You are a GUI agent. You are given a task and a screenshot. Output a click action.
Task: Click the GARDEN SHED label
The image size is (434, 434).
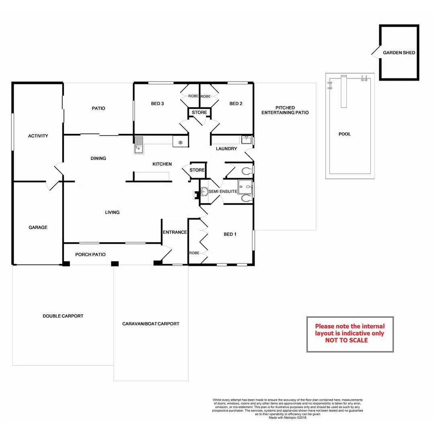(x=399, y=53)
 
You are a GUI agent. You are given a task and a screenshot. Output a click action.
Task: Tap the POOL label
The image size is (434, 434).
(x=344, y=134)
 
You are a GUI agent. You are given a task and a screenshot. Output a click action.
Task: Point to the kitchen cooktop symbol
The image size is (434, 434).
(x=180, y=142)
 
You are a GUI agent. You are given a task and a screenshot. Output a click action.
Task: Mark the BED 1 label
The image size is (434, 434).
(x=229, y=234)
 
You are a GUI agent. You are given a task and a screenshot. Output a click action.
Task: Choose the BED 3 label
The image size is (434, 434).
(x=157, y=104)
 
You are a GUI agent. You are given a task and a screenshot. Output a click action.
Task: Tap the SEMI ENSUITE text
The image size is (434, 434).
(x=222, y=192)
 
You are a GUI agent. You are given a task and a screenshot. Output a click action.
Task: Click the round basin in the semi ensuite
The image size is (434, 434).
(x=204, y=192)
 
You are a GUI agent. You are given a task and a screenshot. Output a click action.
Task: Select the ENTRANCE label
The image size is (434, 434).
(x=175, y=232)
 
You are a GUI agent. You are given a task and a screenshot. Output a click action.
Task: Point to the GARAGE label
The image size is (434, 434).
(x=38, y=227)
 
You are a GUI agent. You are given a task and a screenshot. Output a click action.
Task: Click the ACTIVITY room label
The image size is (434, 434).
(x=38, y=136)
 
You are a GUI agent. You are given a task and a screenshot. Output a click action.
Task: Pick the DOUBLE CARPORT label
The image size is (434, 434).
(x=63, y=316)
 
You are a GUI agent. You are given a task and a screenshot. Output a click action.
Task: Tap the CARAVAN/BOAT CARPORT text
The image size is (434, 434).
(x=151, y=324)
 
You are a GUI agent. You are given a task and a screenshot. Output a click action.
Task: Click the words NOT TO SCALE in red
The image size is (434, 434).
(x=346, y=340)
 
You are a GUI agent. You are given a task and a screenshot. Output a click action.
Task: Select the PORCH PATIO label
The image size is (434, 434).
(x=90, y=255)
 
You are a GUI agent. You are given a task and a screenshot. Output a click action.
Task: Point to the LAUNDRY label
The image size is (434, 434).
(x=226, y=149)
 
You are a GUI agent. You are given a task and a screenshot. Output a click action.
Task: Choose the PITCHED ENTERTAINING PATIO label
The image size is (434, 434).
(x=285, y=110)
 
